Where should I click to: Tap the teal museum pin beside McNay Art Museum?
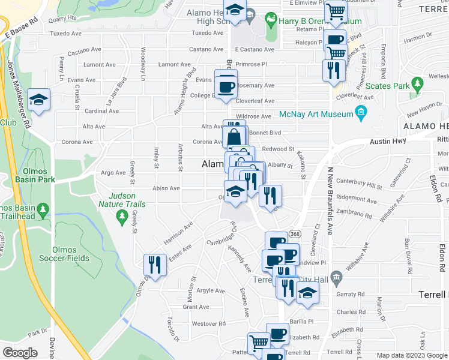tap(361, 112)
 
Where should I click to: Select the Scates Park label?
tap(387, 86)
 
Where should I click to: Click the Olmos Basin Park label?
tap(27, 179)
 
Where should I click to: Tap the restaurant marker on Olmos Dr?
tap(155, 265)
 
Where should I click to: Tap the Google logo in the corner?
tap(20, 353)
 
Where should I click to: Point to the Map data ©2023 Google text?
tap(412, 355)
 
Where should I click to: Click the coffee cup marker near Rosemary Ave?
tap(226, 85)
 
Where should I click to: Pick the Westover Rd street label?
tap(208, 323)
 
